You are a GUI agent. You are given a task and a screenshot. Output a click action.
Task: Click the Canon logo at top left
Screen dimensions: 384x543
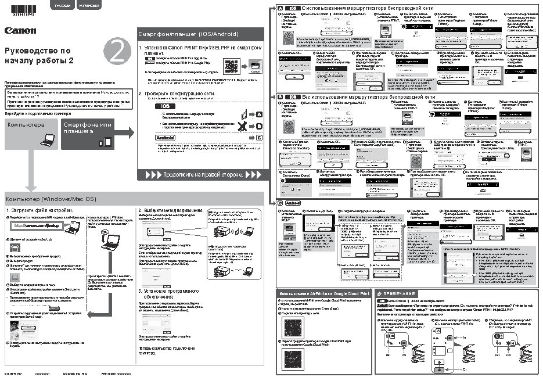[x=21, y=30]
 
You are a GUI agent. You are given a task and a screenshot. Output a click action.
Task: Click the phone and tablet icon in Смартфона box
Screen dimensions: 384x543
[x=105, y=142]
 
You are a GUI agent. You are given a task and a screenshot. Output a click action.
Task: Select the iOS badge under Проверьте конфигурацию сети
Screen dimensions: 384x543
[x=166, y=106]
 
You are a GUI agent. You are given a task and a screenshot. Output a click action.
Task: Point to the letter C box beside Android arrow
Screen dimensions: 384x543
[x=259, y=138]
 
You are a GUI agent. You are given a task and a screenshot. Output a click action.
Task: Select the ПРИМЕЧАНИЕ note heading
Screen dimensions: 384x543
[x=401, y=294]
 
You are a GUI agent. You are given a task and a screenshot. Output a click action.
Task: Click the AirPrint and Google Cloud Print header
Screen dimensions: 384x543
[x=323, y=294]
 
